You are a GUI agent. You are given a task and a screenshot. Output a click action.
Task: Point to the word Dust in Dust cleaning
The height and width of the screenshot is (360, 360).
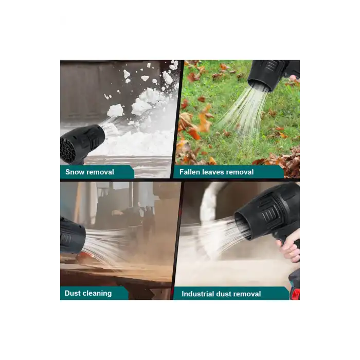coord(73,293)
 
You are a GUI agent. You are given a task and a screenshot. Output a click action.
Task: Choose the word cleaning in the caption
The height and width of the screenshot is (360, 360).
coord(97,294)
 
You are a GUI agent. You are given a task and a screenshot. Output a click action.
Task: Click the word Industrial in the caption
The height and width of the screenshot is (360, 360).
coord(198,294)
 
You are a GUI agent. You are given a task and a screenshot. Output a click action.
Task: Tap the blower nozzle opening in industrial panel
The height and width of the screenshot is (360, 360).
coord(242,226)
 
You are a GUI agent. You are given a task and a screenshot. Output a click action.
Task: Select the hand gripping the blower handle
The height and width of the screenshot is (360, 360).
coord(289,246)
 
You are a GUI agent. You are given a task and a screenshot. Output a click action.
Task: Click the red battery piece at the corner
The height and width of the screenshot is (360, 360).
coord(296,294)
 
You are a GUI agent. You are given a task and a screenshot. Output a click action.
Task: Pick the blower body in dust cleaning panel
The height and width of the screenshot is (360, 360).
coord(73,236)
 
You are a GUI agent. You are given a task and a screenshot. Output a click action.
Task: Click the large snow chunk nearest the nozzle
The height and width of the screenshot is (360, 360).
coord(115,111)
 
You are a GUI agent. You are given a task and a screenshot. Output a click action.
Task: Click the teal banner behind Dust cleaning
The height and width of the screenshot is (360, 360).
coord(94,293)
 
